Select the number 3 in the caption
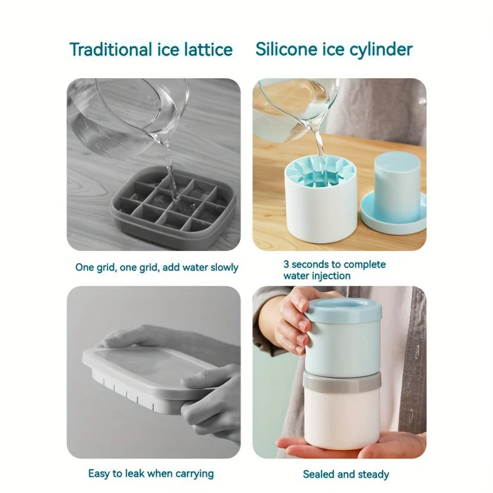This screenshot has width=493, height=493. [286, 264]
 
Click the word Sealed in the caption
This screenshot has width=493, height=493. [318, 474]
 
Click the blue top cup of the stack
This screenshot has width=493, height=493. [344, 331]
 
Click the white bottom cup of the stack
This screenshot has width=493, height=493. [342, 416]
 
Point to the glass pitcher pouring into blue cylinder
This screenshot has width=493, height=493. [294, 109]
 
